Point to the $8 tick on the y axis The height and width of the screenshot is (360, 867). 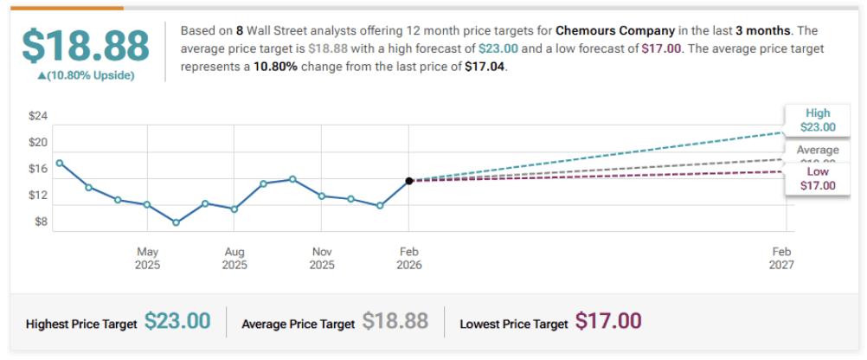click(40, 222)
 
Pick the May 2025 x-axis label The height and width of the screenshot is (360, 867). click(147, 258)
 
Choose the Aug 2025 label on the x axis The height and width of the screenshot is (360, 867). click(234, 258)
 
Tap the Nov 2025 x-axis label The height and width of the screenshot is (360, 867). click(322, 258)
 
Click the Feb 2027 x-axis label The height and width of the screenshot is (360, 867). click(781, 258)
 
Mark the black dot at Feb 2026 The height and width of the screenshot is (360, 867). click(409, 181)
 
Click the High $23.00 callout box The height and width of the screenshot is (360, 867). click(817, 120)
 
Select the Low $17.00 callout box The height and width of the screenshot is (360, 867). click(817, 179)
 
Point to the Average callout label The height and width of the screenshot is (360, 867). click(817, 151)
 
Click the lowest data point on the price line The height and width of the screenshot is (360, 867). click(177, 222)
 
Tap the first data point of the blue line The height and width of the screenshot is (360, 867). click(60, 163)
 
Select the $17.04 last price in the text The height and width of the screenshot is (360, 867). click(484, 65)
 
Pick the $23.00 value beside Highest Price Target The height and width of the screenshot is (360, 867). click(177, 322)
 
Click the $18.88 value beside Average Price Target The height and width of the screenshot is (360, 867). click(395, 322)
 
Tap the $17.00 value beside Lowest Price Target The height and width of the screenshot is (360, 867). click(608, 322)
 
